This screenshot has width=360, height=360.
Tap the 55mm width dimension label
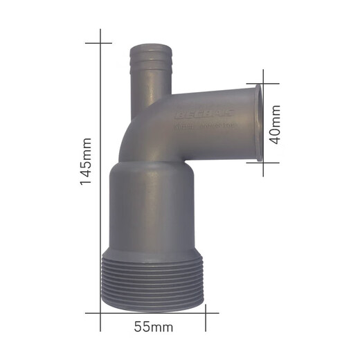pos(153,325)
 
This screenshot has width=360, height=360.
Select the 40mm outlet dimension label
pos(276,124)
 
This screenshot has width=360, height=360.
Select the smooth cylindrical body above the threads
pos(153,208)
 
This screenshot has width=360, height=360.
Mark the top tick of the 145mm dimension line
pos(101,43)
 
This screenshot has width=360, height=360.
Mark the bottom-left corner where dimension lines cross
pos(101,312)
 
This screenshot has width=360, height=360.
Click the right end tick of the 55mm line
pos(206,312)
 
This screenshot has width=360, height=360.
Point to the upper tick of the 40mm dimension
pos(263,84)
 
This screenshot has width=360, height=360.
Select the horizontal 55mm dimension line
pos(153,312)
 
